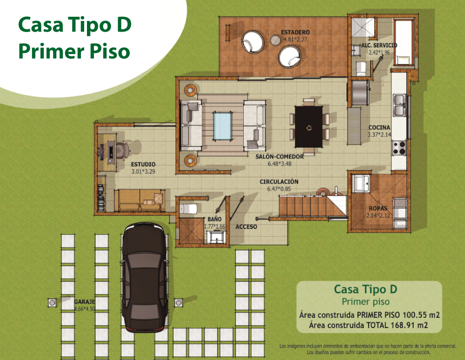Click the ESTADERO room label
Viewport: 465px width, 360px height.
(295, 32)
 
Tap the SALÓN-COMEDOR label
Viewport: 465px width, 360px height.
(279, 157)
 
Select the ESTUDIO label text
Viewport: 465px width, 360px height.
(143, 164)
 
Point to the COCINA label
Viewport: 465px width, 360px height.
(379, 127)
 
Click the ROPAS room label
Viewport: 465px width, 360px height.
(378, 208)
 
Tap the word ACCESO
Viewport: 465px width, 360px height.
(246, 227)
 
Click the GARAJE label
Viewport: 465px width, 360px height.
(85, 301)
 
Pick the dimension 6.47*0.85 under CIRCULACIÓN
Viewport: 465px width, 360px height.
(279, 189)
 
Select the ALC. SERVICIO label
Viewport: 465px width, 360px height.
(379, 46)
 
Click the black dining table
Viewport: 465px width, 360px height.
(309, 127)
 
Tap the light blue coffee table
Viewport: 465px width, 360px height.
(222, 126)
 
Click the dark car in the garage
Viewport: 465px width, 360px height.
(145, 277)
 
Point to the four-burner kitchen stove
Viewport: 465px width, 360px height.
(399, 148)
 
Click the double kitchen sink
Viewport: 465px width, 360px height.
(400, 105)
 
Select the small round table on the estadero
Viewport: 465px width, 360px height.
(275, 40)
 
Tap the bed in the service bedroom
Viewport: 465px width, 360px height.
(404, 42)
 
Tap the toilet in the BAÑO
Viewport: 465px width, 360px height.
(188, 209)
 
